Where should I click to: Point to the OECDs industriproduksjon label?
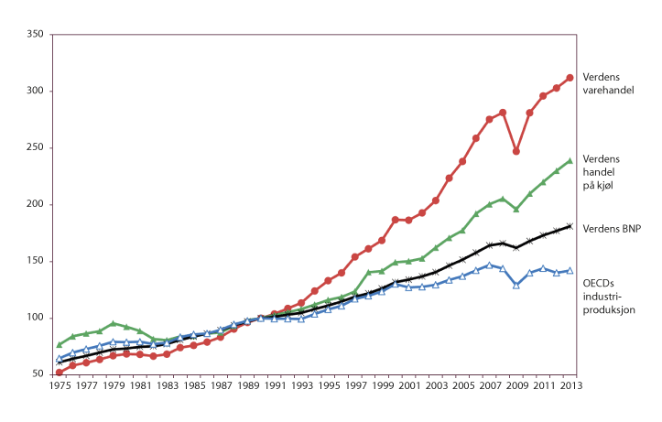609,297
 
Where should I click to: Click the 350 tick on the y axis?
35,35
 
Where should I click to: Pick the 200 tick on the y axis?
35,204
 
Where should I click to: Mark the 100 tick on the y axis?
35,318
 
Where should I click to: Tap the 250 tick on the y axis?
35,148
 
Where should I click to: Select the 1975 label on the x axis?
60,387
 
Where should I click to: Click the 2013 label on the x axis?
570,387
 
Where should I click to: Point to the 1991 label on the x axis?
275,387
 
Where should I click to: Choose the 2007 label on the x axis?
489,387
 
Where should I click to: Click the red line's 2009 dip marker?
516,151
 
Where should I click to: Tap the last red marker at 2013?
570,78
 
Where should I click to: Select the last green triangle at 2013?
570,160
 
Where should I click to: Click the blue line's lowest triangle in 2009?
516,286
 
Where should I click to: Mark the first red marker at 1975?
60,372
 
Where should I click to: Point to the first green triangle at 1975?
60,344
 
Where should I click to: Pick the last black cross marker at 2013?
570,226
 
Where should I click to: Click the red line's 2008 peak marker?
503,113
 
